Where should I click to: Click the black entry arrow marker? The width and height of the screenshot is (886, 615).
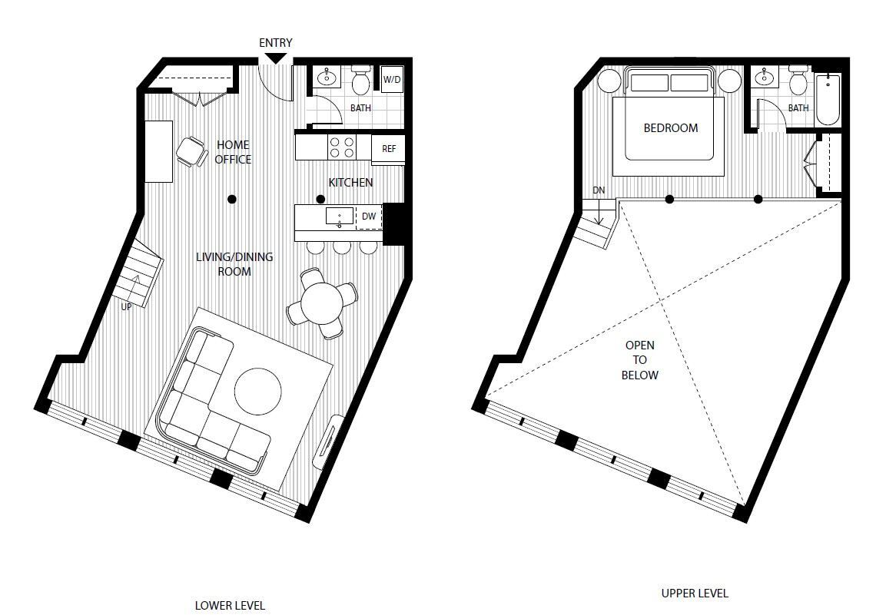[276, 58]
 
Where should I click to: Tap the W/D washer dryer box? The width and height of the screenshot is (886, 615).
[392, 80]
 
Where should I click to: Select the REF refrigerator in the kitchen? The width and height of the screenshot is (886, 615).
[389, 148]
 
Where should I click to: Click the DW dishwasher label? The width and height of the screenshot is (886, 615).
[369, 217]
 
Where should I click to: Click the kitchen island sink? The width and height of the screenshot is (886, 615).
[340, 217]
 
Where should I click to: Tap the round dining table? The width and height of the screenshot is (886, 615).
[321, 303]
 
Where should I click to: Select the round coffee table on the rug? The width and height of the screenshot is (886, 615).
[257, 390]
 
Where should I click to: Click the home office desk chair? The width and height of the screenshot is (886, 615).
[190, 150]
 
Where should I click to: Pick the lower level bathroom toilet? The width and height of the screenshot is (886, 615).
[360, 79]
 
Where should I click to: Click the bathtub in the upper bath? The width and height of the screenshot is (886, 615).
[828, 99]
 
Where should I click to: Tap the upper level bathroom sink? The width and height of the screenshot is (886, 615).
[765, 78]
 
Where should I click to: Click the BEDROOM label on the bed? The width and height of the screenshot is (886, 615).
[670, 128]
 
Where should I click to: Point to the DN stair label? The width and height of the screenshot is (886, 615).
[598, 190]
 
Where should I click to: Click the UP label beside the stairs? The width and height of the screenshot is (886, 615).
[126, 306]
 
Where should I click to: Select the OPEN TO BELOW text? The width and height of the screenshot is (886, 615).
[639, 360]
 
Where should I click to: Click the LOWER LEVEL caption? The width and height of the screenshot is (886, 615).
[230, 605]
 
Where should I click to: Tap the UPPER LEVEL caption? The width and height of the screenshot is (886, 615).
[694, 593]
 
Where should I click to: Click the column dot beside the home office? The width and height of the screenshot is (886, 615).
[232, 200]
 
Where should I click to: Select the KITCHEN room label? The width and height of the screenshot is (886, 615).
[350, 182]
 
